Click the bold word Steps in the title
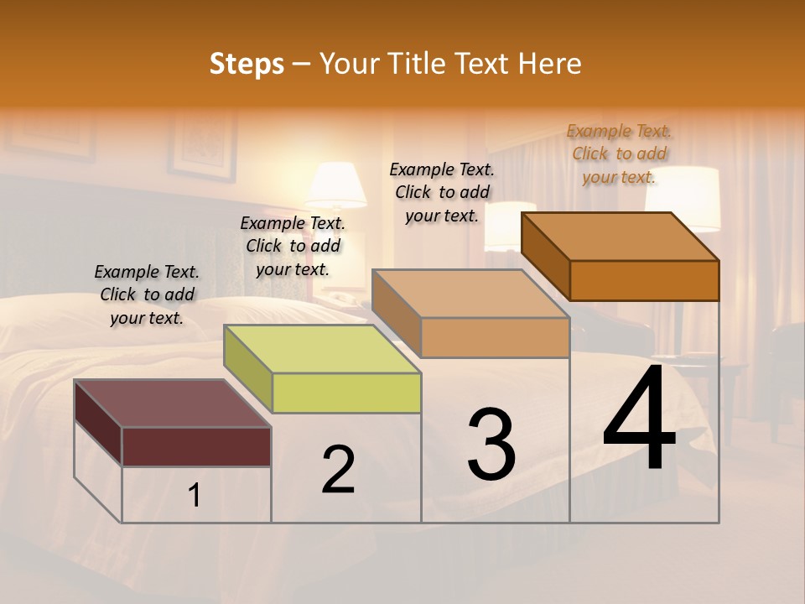(247, 64)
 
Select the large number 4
(640, 419)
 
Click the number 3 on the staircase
(491, 445)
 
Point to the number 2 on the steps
(339, 470)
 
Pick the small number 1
(195, 496)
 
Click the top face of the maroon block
(173, 404)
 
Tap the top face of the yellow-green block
(322, 349)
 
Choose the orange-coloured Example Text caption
(619, 154)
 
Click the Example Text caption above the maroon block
(148, 294)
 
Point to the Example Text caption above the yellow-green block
(293, 246)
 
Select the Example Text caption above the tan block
(443, 192)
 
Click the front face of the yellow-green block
(346, 393)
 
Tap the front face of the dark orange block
(644, 280)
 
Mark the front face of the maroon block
(196, 446)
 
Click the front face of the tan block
(495, 337)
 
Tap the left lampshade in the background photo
(336, 185)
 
